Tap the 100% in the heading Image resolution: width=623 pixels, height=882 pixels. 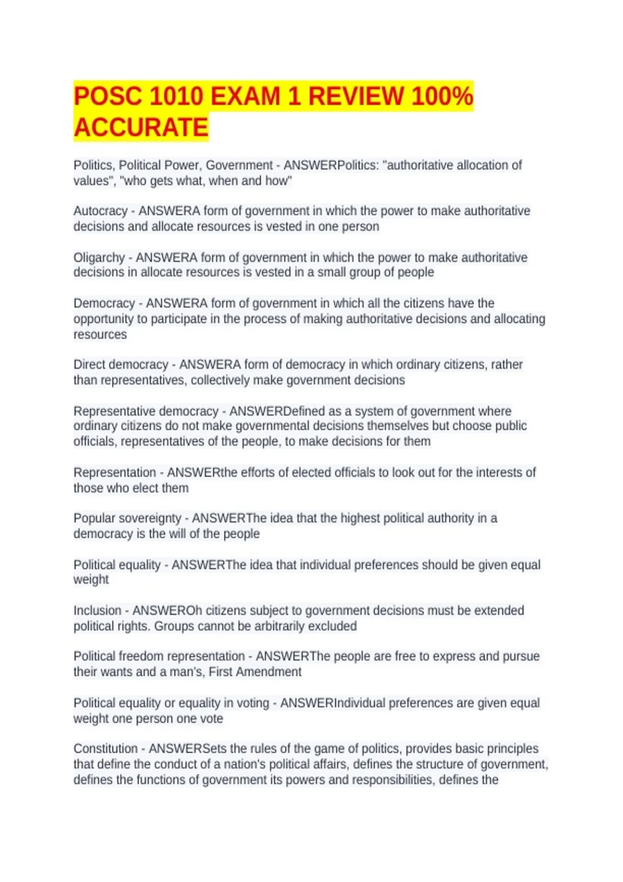click(x=442, y=97)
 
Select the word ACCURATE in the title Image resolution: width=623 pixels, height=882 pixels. click(x=141, y=128)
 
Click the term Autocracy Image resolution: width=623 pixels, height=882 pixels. click(x=100, y=211)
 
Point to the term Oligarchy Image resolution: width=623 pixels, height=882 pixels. click(x=99, y=257)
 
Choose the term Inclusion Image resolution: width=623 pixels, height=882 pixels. click(x=97, y=611)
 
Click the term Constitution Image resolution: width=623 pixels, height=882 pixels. click(x=105, y=749)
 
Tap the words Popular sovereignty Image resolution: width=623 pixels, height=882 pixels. click(x=127, y=518)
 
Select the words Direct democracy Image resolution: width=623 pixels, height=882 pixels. click(x=120, y=365)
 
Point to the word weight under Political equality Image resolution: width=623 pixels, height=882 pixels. click(x=91, y=580)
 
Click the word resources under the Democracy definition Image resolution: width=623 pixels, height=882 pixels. click(x=100, y=335)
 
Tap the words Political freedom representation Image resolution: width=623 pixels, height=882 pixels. click(x=159, y=656)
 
